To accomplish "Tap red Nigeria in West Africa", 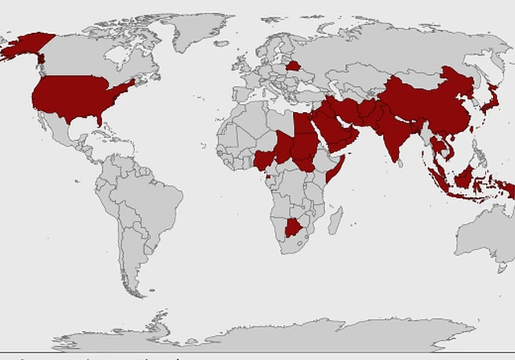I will point(265,157).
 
